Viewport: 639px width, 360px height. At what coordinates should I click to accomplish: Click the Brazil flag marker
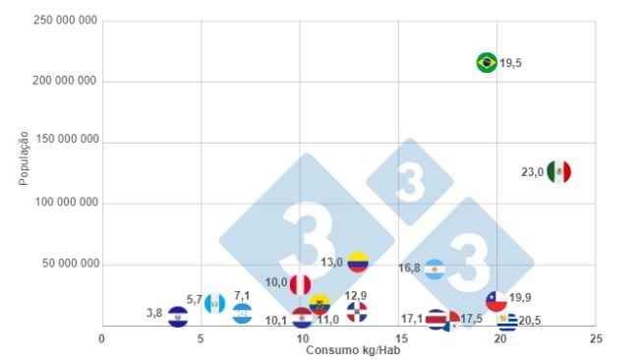pyautogui.click(x=486, y=63)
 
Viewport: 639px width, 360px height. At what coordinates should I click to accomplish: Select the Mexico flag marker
pyautogui.click(x=558, y=171)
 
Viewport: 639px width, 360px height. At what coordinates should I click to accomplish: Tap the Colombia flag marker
pyautogui.click(x=358, y=262)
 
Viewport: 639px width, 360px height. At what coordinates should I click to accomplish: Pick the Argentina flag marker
pyautogui.click(x=435, y=269)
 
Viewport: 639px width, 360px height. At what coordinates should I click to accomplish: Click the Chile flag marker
pyautogui.click(x=496, y=300)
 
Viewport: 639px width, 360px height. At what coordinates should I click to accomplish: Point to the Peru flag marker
pyautogui.click(x=300, y=284)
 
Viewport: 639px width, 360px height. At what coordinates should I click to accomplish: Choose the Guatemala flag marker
pyautogui.click(x=215, y=302)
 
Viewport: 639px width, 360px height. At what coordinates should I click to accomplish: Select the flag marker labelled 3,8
pyautogui.click(x=178, y=316)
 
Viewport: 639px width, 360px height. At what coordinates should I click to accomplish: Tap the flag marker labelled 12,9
pyautogui.click(x=357, y=312)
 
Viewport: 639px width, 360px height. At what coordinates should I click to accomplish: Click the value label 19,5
pyautogui.click(x=510, y=63)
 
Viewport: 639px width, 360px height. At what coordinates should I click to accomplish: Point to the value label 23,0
pyautogui.click(x=532, y=171)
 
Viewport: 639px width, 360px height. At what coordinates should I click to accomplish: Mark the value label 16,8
pyautogui.click(x=409, y=268)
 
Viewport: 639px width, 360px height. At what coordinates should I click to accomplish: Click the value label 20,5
pyautogui.click(x=530, y=320)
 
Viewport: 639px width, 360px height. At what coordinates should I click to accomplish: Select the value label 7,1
pyautogui.click(x=242, y=295)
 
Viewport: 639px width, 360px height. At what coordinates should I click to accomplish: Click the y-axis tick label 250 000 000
pyautogui.click(x=65, y=21)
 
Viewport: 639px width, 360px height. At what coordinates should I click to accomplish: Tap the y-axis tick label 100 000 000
pyautogui.click(x=65, y=203)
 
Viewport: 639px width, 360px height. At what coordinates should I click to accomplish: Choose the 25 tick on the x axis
pyautogui.click(x=596, y=338)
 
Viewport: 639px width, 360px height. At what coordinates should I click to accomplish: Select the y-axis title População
pyautogui.click(x=23, y=157)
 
